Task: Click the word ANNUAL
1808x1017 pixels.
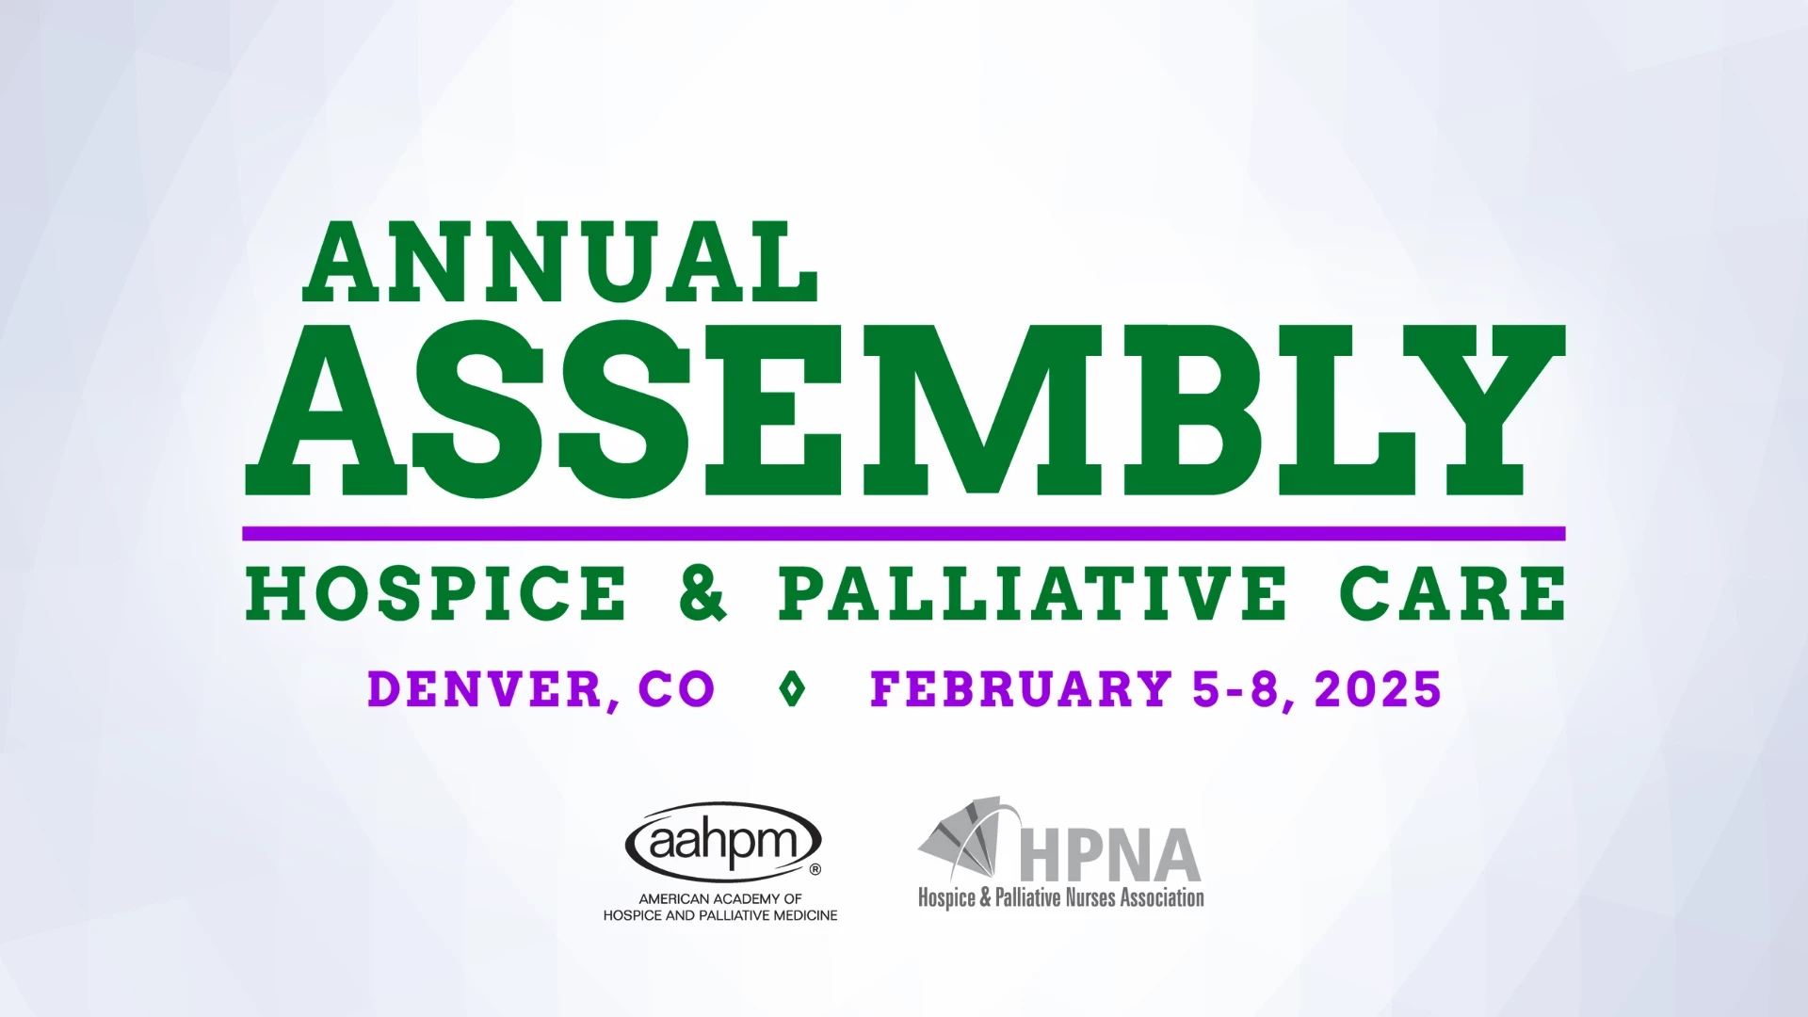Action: tap(559, 263)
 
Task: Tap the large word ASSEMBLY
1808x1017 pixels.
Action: tap(904, 411)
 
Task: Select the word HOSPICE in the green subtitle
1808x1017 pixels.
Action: tap(436, 594)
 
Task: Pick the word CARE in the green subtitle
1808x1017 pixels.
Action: tap(1453, 594)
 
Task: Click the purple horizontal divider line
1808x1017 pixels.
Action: tap(904, 534)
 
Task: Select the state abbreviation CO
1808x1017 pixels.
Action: tap(676, 690)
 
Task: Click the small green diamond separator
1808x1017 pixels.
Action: tap(793, 690)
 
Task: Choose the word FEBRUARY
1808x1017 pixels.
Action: tap(1021, 690)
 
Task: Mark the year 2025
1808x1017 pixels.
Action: tap(1379, 690)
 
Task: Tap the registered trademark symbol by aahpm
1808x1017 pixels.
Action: tap(815, 870)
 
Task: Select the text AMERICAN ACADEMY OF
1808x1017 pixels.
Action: tap(720, 899)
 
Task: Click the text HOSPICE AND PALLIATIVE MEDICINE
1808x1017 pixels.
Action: tap(720, 915)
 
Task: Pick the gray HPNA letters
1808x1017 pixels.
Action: tap(1109, 855)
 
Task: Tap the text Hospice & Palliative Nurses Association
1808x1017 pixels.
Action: tap(1061, 897)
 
